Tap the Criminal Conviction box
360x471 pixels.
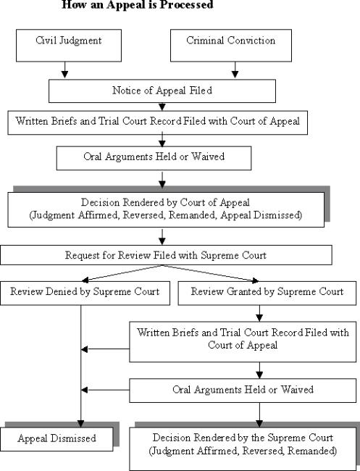(230, 45)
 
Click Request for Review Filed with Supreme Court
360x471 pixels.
(166, 255)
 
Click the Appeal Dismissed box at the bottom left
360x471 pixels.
(58, 438)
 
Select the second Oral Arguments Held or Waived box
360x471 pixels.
(243, 389)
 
